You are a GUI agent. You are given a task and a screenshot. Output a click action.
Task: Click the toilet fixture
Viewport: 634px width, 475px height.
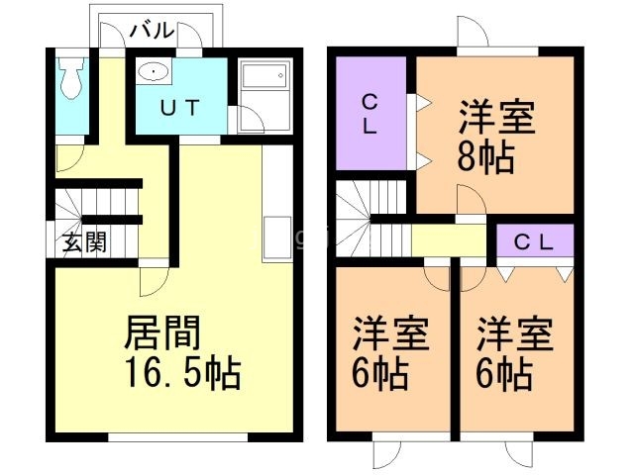71,78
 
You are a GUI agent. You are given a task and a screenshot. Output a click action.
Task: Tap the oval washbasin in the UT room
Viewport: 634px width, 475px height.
154,72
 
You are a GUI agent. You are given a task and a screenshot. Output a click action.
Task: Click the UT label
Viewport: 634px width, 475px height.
180,108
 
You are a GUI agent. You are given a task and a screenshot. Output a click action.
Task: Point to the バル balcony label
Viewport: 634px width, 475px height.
152,31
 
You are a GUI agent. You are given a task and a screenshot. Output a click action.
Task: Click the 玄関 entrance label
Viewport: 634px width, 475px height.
84,242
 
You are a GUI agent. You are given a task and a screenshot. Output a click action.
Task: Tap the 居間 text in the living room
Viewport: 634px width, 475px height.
162,332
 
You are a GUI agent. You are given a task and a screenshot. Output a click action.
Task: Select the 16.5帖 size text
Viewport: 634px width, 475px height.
183,373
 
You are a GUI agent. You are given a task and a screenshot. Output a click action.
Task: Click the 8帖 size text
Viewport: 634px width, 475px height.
485,157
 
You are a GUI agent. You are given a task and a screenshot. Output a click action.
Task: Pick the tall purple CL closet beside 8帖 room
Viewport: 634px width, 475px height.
371,114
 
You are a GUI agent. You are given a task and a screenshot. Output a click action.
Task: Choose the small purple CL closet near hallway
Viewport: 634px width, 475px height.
535,240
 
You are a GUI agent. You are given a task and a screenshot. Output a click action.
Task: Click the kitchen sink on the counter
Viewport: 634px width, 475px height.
277,238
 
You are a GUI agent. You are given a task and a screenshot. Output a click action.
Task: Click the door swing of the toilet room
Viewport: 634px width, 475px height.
69,158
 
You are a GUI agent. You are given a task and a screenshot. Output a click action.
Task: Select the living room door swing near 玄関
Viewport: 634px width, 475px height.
155,282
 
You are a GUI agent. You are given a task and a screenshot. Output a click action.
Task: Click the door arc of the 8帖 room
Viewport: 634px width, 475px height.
471,198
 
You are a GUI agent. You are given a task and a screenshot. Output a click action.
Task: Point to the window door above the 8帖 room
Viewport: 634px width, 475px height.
474,32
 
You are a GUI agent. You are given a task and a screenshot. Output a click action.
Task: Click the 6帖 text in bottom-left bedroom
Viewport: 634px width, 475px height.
380,374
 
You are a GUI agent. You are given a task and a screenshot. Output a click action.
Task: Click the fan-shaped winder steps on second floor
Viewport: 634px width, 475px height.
353,218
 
